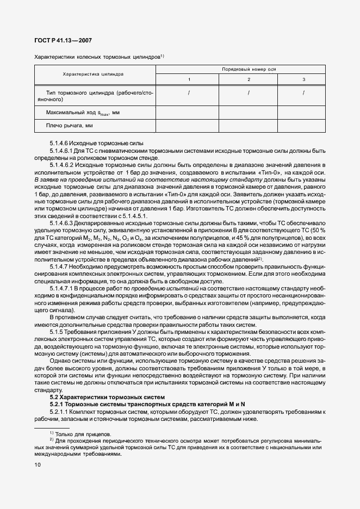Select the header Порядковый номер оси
point(241,70)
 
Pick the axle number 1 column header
point(189,80)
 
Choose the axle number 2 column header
point(249,80)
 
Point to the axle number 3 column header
point(303,80)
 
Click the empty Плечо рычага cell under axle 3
point(303,126)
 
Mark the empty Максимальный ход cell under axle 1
point(189,113)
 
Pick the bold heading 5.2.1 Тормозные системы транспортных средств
point(140,405)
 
